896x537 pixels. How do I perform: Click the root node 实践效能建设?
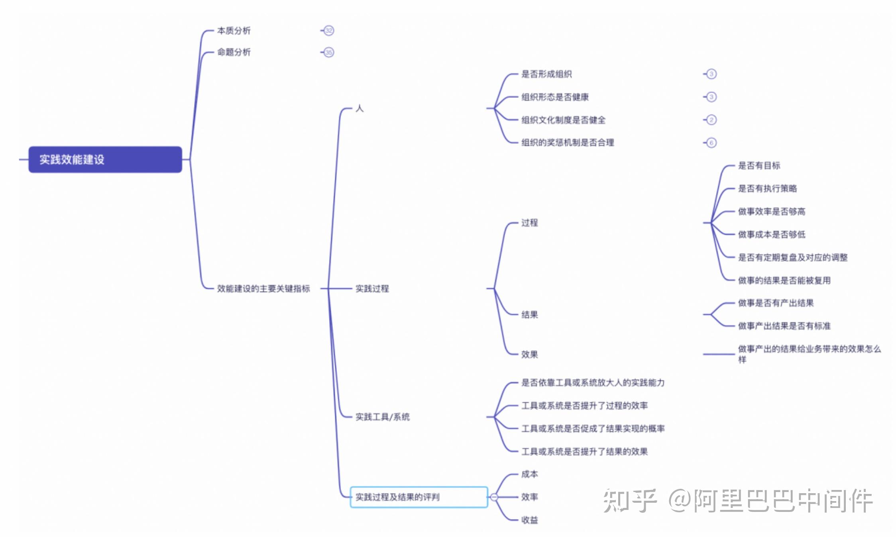point(105,159)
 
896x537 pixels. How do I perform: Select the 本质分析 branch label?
point(234,31)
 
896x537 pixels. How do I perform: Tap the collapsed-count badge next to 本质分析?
point(329,31)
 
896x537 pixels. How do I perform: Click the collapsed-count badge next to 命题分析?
point(329,52)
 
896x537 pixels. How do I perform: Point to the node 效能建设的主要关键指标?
point(263,288)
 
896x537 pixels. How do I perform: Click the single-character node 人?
point(360,108)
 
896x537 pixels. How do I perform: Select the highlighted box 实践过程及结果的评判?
point(419,497)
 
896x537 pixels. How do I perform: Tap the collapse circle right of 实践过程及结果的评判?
point(494,497)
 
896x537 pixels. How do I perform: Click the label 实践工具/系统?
point(382,417)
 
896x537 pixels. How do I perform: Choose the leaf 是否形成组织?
point(546,74)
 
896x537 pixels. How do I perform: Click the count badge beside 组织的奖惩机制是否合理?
point(711,143)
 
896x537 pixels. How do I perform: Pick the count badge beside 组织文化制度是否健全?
point(711,120)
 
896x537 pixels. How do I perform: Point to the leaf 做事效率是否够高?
point(771,212)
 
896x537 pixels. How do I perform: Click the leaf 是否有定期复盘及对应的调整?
point(792,257)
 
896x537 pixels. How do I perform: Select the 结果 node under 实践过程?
point(529,315)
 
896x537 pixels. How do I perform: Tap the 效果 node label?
point(529,354)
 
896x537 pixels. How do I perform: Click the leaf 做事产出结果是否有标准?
point(784,326)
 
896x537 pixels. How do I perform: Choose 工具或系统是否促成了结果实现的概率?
point(593,429)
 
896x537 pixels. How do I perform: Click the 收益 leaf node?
point(529,520)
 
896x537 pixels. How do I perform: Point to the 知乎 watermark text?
point(630,501)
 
